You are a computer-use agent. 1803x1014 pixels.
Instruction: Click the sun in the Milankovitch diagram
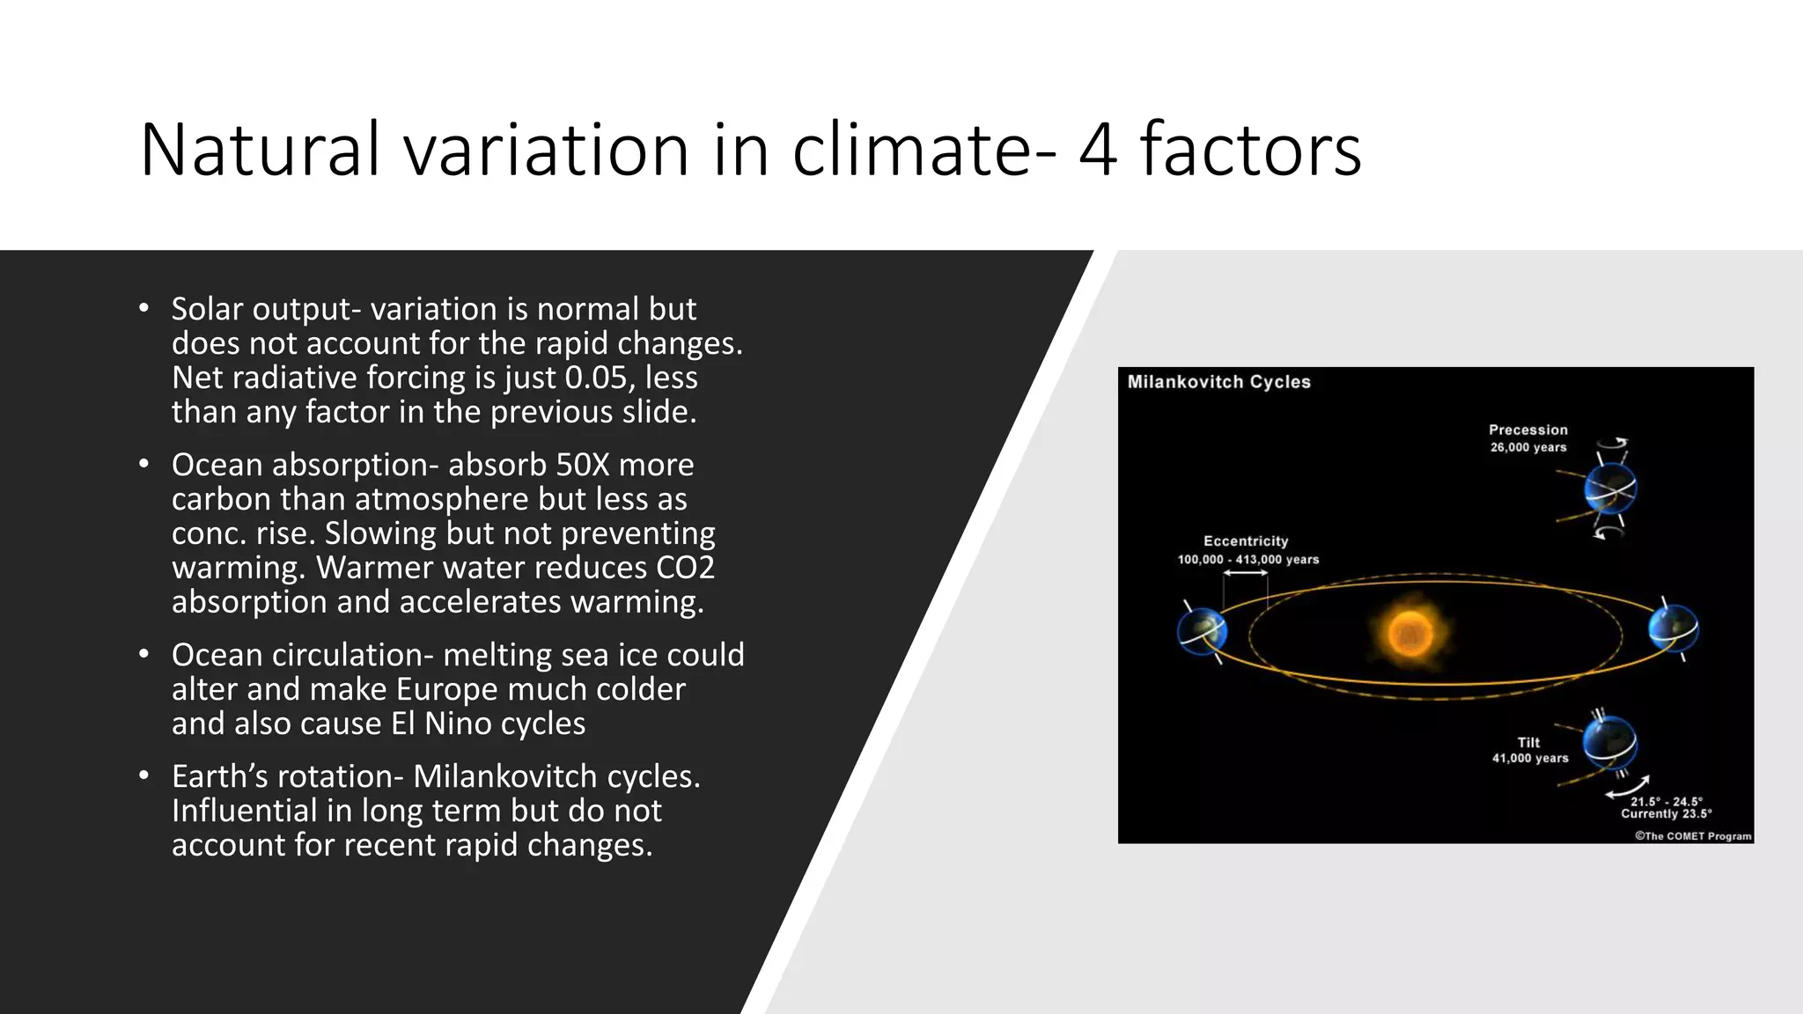click(x=1410, y=633)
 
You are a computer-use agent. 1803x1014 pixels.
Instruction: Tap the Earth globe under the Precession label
click(x=1610, y=489)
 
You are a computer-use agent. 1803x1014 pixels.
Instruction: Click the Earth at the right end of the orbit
click(x=1673, y=628)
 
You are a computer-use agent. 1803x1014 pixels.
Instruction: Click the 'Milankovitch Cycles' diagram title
click(x=1218, y=382)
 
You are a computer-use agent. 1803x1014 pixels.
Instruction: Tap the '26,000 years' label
click(x=1528, y=447)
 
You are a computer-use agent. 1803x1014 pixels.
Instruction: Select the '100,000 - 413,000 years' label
click(x=1248, y=560)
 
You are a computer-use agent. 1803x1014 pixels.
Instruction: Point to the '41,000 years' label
click(x=1530, y=758)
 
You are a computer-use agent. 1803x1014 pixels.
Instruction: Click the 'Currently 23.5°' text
click(x=1667, y=814)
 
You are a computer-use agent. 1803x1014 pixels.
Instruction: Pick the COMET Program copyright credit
click(x=1693, y=836)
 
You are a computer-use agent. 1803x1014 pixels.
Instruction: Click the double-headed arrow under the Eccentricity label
click(x=1245, y=573)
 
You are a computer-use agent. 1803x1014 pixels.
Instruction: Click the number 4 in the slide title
click(x=1098, y=151)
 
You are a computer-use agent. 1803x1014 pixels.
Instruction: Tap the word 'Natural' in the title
click(x=261, y=151)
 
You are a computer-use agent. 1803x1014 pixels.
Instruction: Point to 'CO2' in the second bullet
click(x=686, y=568)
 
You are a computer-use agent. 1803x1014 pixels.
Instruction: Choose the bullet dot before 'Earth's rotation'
click(x=144, y=776)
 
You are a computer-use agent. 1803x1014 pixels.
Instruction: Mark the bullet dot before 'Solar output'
click(x=144, y=309)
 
